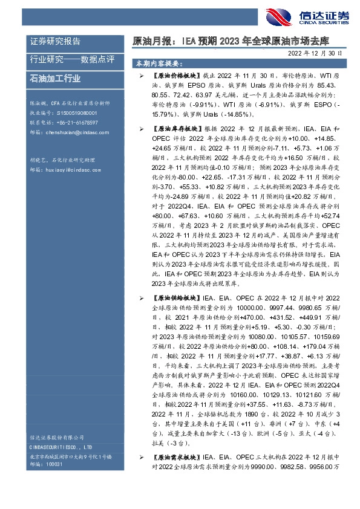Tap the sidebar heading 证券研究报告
coord(55,41)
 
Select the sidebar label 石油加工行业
coord(55,79)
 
